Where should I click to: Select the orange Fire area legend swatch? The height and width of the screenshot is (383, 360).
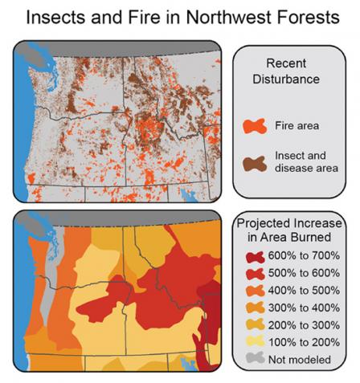[253, 126]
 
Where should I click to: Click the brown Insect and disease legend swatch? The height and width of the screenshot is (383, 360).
[253, 162]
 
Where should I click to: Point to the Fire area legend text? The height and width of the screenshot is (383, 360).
[297, 126]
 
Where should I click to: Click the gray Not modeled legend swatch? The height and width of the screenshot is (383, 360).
[252, 360]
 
